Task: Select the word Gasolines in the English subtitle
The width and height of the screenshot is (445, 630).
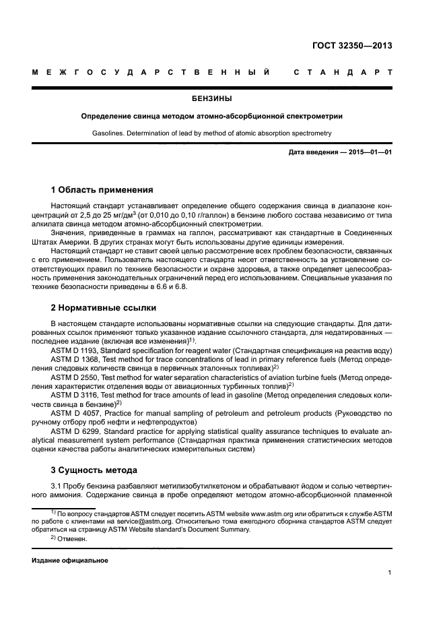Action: [108, 133]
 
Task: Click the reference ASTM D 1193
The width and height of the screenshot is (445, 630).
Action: [75, 351]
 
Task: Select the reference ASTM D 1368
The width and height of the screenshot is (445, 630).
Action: [75, 360]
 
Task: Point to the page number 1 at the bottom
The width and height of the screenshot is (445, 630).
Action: [390, 573]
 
